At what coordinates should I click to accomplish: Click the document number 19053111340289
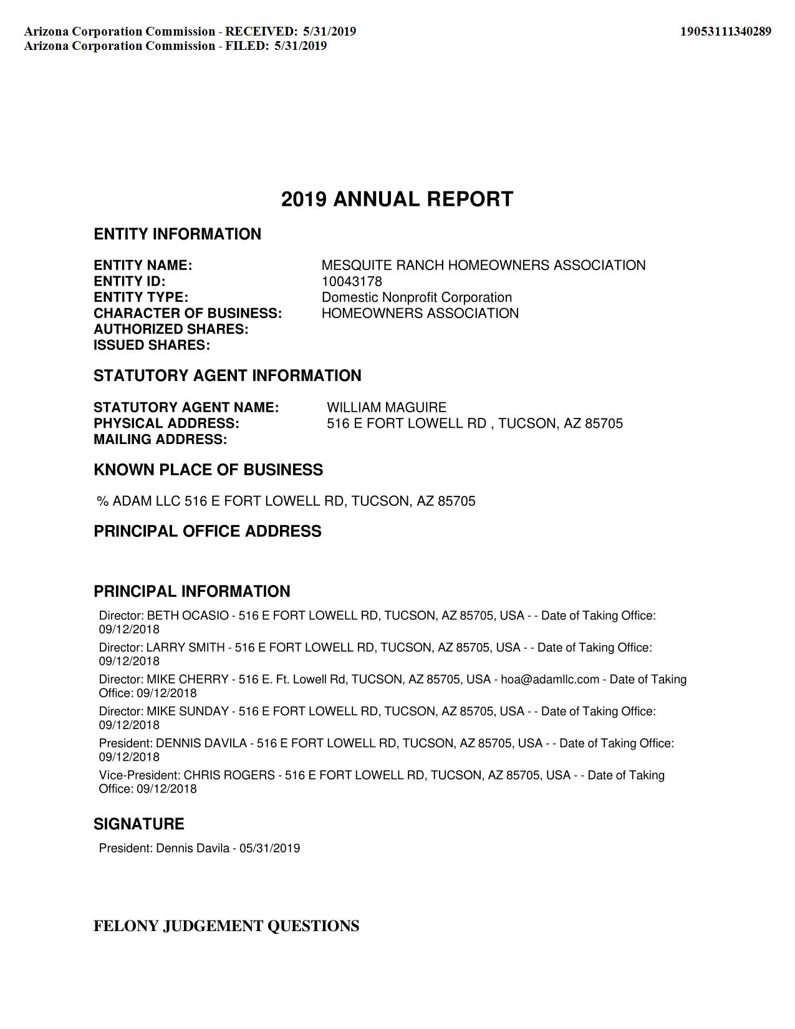coord(725,31)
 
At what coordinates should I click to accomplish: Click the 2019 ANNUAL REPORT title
coord(397,200)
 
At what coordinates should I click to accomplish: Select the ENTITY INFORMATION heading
coord(177,234)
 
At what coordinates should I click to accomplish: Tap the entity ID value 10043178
coord(352,281)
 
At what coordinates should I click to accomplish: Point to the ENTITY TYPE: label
coord(141,297)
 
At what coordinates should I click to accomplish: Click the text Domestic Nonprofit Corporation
coord(417,297)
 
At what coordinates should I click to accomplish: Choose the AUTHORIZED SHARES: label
coord(171,329)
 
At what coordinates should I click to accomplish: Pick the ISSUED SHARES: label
coord(152,345)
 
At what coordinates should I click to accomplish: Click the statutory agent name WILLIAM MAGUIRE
coord(387,408)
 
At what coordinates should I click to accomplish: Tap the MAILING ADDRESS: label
coord(160,440)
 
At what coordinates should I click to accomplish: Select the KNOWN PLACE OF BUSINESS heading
coord(208,470)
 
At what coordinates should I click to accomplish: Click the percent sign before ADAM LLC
coord(102,501)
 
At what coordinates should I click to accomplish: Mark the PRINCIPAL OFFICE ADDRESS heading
coord(208,531)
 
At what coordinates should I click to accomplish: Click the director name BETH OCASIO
coord(188,616)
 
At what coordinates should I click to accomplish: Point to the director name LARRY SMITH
coord(185,647)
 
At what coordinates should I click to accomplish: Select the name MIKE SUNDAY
coord(188,712)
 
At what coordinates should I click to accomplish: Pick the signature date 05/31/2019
coord(269,848)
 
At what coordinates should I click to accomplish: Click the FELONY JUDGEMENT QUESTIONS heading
coord(226,926)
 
